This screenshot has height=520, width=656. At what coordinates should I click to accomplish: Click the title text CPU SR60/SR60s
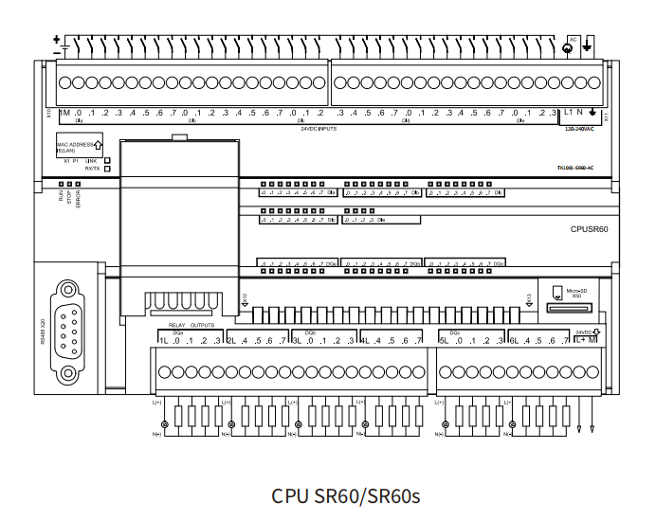[x=345, y=495]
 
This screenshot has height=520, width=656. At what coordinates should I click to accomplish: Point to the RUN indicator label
[x=61, y=197]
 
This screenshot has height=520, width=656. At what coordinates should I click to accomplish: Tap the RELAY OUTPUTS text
[x=194, y=324]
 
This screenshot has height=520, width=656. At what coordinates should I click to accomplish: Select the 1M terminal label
[x=64, y=113]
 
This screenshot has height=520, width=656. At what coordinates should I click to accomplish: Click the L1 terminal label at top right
[x=569, y=113]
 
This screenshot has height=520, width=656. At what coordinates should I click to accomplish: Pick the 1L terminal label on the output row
[x=163, y=341]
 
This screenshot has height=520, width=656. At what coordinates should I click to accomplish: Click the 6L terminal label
[x=513, y=341]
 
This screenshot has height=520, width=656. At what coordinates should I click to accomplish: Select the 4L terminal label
[x=364, y=341]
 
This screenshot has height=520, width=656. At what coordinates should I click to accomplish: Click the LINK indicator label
[x=92, y=161]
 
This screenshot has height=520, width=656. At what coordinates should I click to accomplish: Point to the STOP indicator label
[x=69, y=198]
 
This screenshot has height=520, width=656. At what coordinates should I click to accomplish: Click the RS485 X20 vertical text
[x=43, y=332]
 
